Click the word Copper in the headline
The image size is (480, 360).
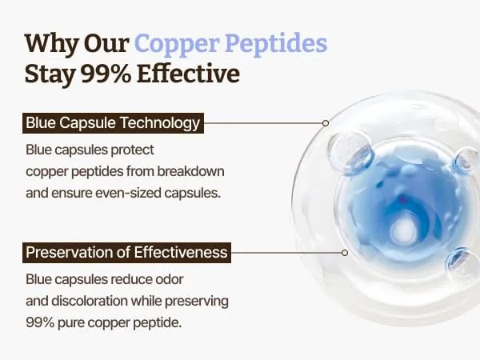(x=177, y=44)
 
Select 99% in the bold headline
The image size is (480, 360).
(x=106, y=74)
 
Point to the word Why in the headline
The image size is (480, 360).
(x=51, y=44)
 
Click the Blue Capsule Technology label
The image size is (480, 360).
(x=113, y=123)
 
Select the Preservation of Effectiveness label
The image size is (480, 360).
(x=126, y=253)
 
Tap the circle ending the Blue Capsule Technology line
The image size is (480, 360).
(x=326, y=123)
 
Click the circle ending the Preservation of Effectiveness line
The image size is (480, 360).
(x=345, y=253)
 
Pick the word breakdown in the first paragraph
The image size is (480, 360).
(x=190, y=171)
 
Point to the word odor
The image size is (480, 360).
(x=170, y=279)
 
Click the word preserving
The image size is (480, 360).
(x=197, y=302)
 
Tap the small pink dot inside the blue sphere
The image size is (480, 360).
(x=403, y=200)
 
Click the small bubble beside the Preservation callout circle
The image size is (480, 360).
(x=461, y=262)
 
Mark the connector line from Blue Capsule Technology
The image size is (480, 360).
(x=263, y=123)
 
